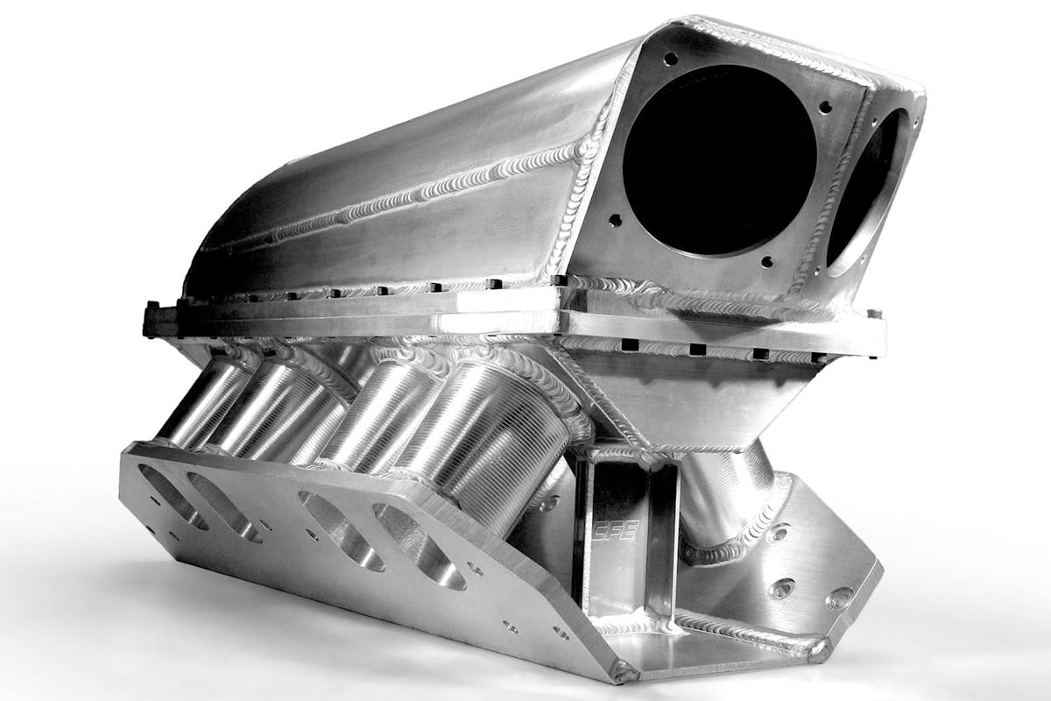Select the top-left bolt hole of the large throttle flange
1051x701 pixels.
pos(671,58)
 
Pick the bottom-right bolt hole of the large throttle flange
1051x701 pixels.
pos(766,261)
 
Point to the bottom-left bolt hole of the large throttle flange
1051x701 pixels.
pos(615,220)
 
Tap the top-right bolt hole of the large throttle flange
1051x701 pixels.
pos(825,108)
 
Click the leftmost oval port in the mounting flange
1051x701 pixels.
pos(173,496)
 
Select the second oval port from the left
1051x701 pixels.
pos(224,507)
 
